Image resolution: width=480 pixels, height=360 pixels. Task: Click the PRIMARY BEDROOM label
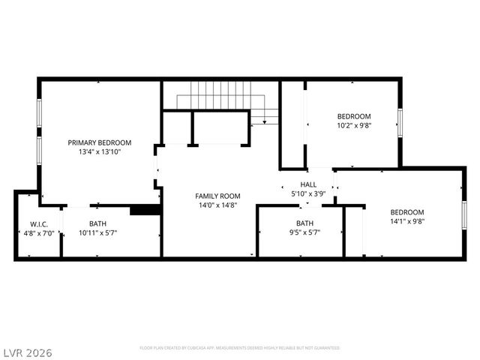tap(99, 142)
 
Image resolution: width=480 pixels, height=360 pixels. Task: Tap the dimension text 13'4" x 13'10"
tap(99, 151)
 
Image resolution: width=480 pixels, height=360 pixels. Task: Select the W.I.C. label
tap(39, 224)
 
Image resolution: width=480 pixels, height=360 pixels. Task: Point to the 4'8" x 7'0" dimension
tap(39, 233)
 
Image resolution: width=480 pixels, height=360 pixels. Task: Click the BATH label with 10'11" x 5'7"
tap(97, 223)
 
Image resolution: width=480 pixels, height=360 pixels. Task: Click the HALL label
tap(308, 184)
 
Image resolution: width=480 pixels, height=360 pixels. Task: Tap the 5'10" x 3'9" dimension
tap(308, 193)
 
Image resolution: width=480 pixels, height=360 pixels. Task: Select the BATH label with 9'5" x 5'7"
tap(304, 223)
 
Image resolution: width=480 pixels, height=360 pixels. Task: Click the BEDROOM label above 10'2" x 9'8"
tap(353, 116)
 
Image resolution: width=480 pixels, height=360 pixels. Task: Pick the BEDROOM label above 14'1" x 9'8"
tap(406, 212)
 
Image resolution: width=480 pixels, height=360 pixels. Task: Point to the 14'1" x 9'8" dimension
tap(406, 221)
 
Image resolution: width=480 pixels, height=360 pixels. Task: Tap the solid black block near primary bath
tap(145, 210)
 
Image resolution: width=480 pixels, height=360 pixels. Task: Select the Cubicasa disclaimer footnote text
tap(239, 348)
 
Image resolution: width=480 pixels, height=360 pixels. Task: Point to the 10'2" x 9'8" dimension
tap(353, 125)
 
